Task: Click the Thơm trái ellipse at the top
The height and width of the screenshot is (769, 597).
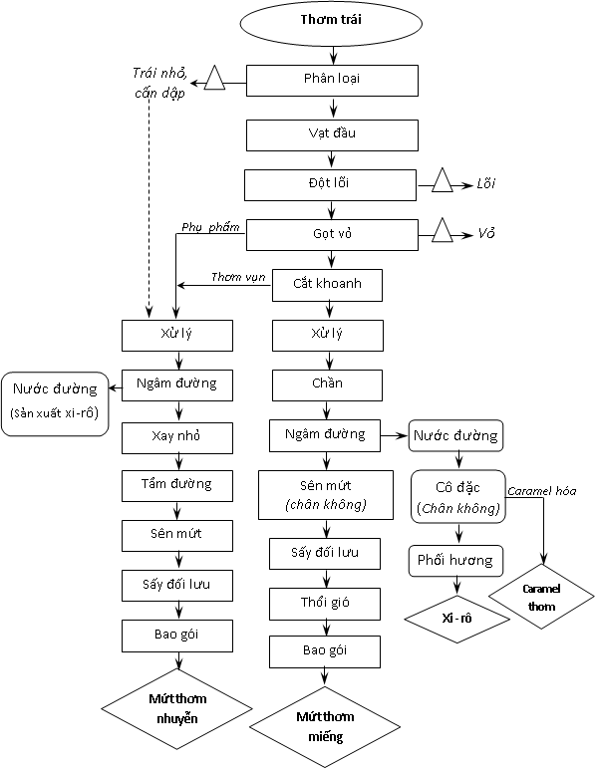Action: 331,23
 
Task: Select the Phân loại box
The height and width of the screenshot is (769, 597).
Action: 332,81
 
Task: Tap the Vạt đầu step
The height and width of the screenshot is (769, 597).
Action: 332,134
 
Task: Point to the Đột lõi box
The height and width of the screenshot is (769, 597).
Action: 330,185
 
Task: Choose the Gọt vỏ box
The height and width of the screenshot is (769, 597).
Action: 332,235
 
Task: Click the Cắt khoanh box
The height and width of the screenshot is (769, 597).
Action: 327,285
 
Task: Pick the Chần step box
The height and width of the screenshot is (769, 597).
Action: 327,384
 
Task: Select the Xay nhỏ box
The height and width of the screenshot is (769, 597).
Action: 177,438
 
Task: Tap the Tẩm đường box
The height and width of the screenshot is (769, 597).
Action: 177,486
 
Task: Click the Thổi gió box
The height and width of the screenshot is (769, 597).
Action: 325,604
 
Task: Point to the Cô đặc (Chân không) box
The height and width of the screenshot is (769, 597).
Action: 458,497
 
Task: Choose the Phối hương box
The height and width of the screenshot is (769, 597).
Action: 455,561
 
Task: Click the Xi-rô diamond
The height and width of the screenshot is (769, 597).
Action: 456,619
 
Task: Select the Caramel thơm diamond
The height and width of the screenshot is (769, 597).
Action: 541,597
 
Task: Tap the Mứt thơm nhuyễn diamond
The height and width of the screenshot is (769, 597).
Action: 177,708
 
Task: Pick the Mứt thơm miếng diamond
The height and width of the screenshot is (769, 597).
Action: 325,727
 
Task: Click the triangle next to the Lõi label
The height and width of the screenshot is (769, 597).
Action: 443,180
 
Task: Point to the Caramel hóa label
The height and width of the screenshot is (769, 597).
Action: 541,491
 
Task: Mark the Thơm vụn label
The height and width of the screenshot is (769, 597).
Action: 238,277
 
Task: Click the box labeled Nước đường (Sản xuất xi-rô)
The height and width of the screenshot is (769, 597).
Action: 55,404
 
